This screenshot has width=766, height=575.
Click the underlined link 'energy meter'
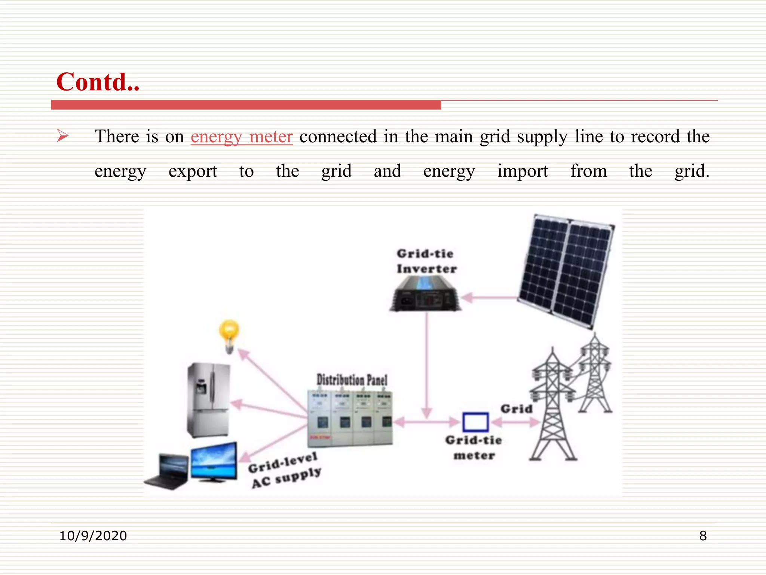[242, 136]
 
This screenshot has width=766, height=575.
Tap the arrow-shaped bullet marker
[62, 136]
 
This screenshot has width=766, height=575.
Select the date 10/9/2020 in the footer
[93, 536]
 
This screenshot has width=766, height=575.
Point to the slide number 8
[703, 536]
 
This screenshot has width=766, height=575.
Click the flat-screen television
[214, 462]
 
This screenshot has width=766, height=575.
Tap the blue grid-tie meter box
[475, 422]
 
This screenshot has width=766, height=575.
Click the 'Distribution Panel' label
[352, 380]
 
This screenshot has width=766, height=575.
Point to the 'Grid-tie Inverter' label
[426, 261]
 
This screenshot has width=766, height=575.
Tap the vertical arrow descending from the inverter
[427, 367]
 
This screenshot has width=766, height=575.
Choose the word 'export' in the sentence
[193, 171]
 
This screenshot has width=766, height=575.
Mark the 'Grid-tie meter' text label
[474, 448]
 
